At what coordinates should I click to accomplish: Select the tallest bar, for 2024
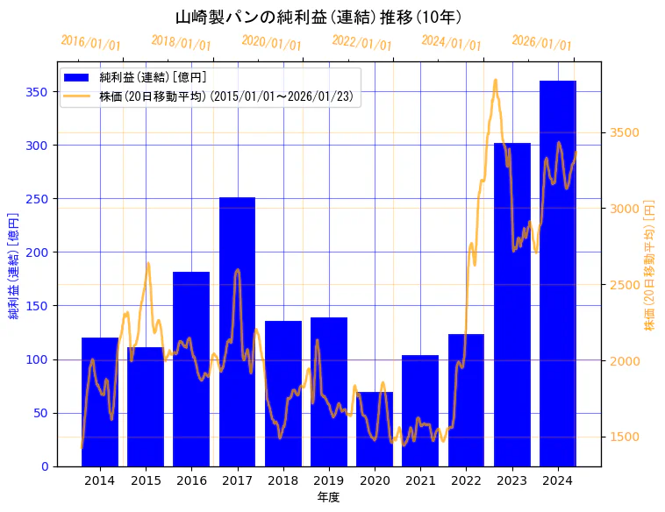pos(558,273)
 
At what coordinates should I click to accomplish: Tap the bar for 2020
pos(375,429)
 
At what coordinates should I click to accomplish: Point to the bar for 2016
pos(191,368)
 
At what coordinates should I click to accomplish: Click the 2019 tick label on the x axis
pos(329,480)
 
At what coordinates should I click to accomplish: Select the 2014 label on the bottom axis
pos(100,480)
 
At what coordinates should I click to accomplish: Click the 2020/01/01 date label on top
pos(271,42)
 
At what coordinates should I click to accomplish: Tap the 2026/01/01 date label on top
pos(541,42)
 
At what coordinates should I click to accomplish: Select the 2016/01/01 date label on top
pos(90,42)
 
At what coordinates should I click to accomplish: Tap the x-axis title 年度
pos(328,497)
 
